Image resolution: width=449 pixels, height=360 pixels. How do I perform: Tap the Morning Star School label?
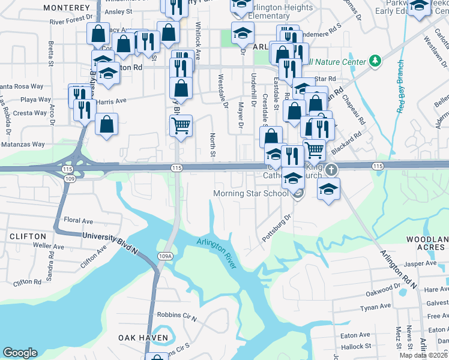tap(252, 193)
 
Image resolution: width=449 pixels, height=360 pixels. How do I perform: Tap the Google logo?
tap(20, 352)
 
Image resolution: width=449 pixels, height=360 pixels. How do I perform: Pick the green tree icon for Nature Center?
tap(376, 61)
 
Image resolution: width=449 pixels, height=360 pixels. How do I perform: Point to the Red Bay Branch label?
tap(400, 88)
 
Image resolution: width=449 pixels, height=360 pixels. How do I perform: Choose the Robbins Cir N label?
tap(176, 314)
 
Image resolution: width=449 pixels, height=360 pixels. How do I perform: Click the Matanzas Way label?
tap(22, 144)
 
